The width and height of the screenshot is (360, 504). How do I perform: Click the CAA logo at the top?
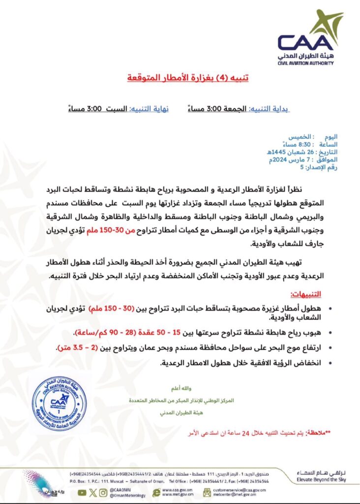[x=310, y=37]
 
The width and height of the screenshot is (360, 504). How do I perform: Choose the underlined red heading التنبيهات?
[x=309, y=294]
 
